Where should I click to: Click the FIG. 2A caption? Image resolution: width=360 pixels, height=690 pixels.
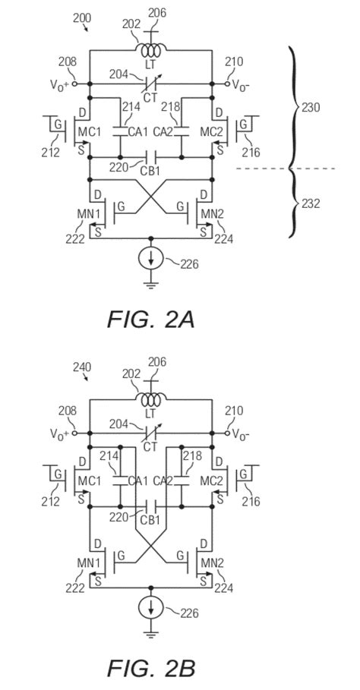(x=150, y=320)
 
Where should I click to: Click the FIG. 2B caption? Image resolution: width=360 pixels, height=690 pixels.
(x=151, y=668)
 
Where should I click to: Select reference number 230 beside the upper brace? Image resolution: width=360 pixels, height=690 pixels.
(x=311, y=107)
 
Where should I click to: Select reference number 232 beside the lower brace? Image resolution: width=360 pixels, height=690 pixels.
(x=311, y=203)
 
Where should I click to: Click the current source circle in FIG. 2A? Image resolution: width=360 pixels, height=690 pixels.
(x=151, y=260)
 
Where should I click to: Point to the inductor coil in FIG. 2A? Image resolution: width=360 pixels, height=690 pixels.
(x=151, y=51)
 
